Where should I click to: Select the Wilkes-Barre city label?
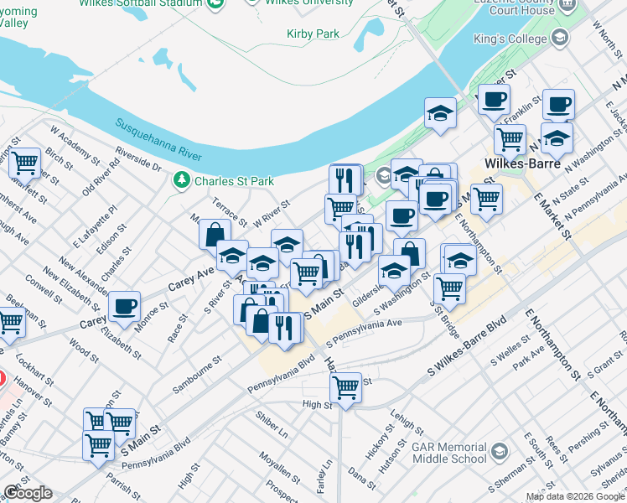[x=522, y=163]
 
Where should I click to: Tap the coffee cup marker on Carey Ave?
[x=124, y=306]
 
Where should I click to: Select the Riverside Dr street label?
[x=138, y=161]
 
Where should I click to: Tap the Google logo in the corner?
[x=28, y=492]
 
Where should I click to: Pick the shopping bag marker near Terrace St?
[x=215, y=235]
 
